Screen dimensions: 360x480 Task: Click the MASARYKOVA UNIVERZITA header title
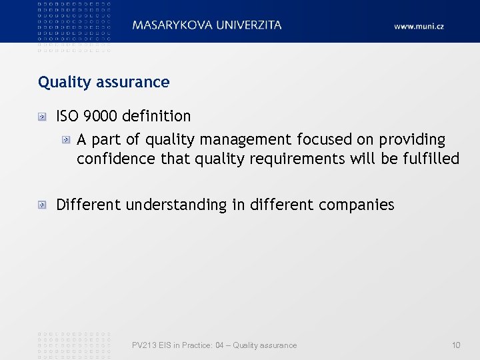pyautogui.click(x=207, y=25)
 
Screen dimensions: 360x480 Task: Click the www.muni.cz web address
pyautogui.click(x=419, y=26)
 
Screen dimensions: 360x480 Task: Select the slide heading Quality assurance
pyautogui.click(x=104, y=83)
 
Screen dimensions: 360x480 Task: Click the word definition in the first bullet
pyautogui.click(x=157, y=116)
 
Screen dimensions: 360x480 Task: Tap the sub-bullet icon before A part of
pyautogui.click(x=66, y=140)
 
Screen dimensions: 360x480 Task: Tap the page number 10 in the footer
pyautogui.click(x=456, y=345)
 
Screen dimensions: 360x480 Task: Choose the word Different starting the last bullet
pyautogui.click(x=88, y=205)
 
